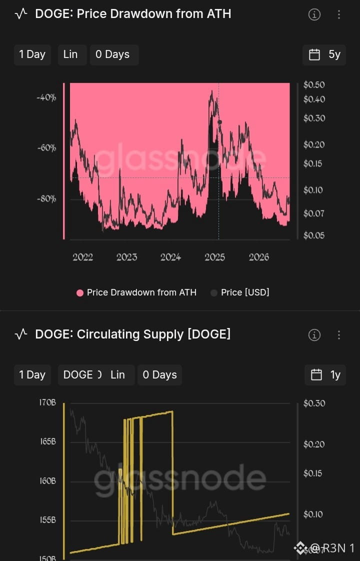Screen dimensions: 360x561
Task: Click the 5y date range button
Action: pyautogui.click(x=324, y=54)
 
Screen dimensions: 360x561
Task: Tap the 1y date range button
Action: pyautogui.click(x=325, y=375)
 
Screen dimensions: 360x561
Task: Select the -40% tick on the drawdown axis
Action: pyautogui.click(x=46, y=97)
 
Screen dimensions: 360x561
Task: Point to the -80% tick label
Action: pyautogui.click(x=46, y=198)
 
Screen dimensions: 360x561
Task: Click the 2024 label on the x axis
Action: pyautogui.click(x=170, y=257)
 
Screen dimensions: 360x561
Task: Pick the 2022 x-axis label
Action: pyautogui.click(x=82, y=257)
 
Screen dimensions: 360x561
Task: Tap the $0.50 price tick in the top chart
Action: pyautogui.click(x=314, y=85)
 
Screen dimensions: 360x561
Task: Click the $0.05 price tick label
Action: pyautogui.click(x=314, y=235)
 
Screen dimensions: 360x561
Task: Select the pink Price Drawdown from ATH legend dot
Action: pyautogui.click(x=80, y=293)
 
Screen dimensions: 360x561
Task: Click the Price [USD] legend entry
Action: pyautogui.click(x=240, y=292)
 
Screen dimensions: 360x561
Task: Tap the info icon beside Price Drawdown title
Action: pyautogui.click(x=314, y=14)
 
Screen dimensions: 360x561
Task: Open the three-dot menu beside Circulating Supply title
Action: pyautogui.click(x=339, y=335)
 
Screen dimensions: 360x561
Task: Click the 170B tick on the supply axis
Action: pyautogui.click(x=47, y=403)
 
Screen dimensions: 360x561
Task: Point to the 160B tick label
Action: pyautogui.click(x=47, y=481)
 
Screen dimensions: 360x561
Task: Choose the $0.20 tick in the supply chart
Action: pyautogui.click(x=314, y=444)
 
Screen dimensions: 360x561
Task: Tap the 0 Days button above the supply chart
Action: pyautogui.click(x=159, y=375)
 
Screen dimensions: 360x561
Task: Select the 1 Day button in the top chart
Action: pyautogui.click(x=32, y=54)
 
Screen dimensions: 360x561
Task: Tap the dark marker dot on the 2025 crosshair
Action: pyautogui.click(x=219, y=122)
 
